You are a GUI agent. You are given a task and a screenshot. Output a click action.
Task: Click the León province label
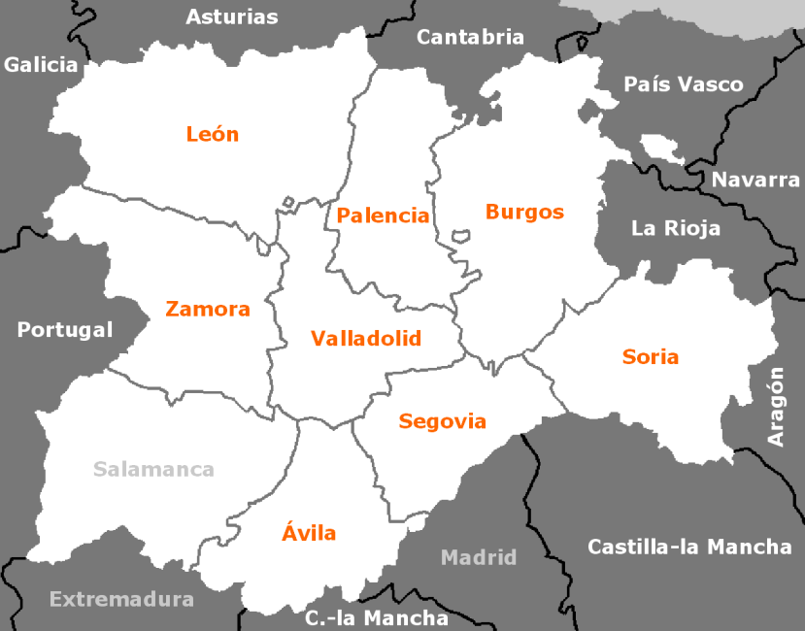[212, 134]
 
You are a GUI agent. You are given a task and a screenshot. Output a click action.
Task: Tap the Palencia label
[383, 216]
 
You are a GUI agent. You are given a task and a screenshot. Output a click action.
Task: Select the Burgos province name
[524, 212]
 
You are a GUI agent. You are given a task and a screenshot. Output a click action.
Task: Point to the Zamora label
[208, 310]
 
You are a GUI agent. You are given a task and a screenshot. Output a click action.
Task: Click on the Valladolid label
[366, 339]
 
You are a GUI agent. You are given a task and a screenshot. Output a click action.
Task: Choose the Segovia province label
[442, 421]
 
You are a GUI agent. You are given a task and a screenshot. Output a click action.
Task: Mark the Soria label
[651, 356]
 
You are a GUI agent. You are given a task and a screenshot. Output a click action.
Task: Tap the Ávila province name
[309, 532]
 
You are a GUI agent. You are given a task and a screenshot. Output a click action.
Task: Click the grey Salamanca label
[153, 470]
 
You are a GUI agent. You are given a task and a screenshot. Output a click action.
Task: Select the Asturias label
[231, 17]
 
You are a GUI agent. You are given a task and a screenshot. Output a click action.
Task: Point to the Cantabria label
[470, 37]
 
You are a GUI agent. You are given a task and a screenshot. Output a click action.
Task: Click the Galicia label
[41, 65]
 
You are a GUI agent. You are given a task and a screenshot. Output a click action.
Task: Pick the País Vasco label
[684, 84]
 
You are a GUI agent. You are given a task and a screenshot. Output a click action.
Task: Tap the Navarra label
[756, 180]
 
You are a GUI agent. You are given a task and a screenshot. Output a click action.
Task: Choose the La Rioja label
[676, 229]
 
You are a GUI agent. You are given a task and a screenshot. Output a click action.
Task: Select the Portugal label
[65, 330]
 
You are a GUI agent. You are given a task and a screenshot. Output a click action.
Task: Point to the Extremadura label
[121, 599]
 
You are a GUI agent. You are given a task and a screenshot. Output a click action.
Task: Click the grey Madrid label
[479, 557]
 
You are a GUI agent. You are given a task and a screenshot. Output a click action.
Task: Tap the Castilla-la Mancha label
[689, 547]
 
